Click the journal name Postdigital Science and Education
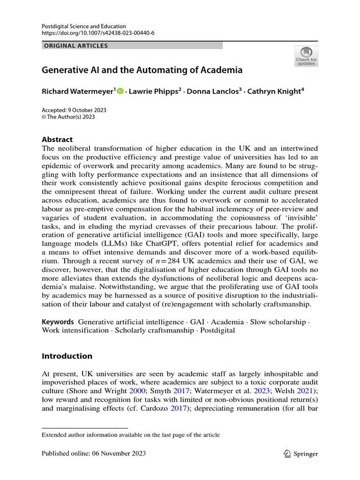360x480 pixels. [84, 26]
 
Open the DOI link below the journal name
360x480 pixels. [98, 33]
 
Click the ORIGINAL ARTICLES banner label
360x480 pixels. [75, 45]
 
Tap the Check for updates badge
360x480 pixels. [306, 56]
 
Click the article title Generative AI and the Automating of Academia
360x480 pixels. [142, 71]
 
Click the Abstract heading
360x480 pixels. [58, 140]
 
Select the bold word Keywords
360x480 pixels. [58, 322]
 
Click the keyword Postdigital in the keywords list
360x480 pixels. [217, 330]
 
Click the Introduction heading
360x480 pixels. [67, 356]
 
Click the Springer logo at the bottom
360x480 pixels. [301, 453]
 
